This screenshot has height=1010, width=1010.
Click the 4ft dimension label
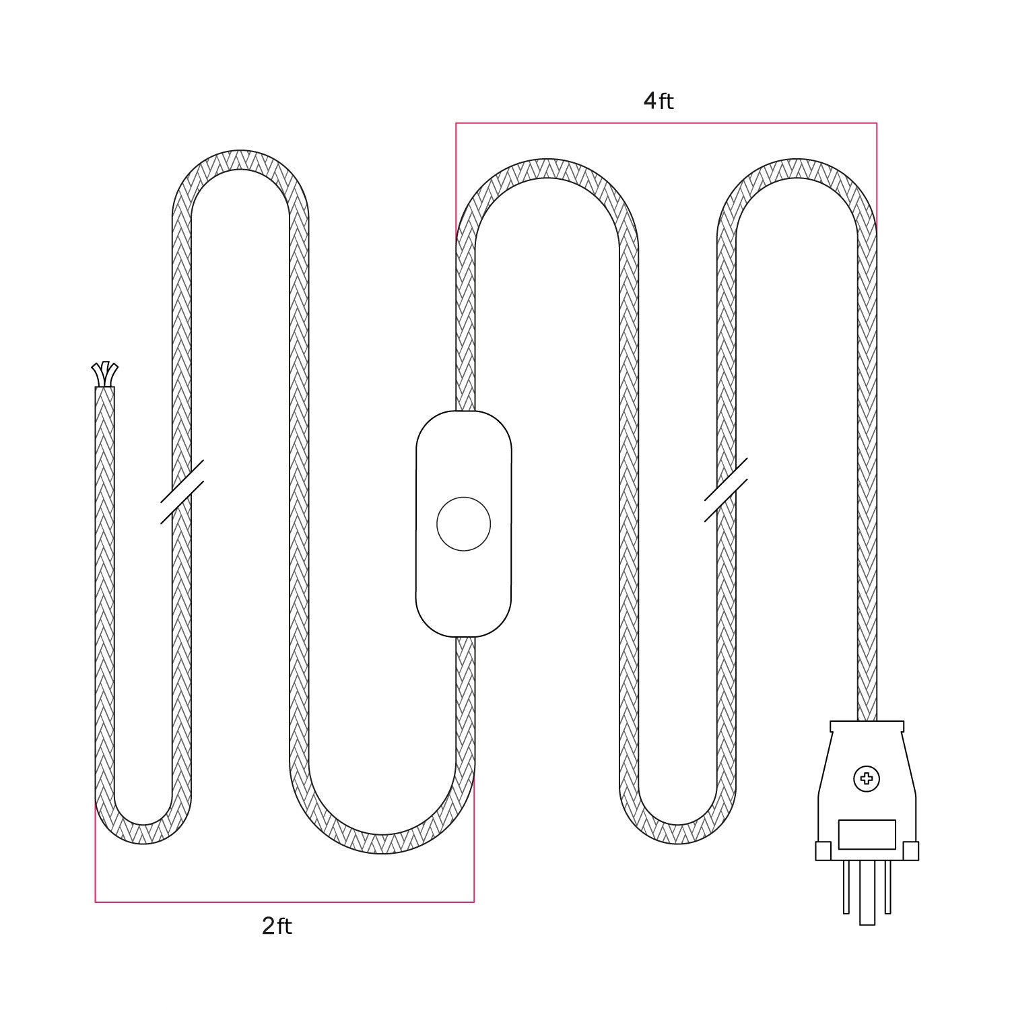(658, 101)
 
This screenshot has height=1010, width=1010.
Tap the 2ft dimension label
(277, 927)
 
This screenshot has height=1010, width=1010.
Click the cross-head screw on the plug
(867, 779)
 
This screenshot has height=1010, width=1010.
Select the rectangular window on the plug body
(867, 834)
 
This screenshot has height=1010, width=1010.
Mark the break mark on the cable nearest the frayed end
(182, 492)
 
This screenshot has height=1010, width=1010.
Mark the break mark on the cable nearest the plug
(726, 490)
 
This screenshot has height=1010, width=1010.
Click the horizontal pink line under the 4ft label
(666, 123)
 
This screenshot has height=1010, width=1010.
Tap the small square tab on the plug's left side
(823, 851)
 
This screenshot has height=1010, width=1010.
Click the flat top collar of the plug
(867, 726)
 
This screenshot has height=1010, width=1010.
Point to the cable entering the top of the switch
(466, 394)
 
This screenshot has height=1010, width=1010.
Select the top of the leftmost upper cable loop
(240, 160)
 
